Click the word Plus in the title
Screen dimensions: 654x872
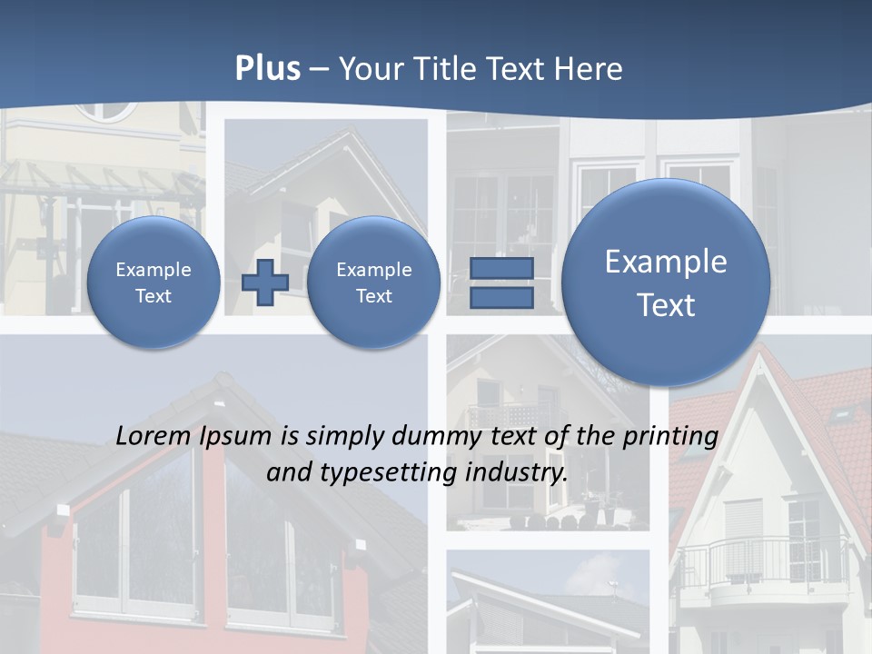267,69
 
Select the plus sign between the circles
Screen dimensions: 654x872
264,282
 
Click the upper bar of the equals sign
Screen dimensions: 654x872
500,268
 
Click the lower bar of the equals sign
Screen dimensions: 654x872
500,298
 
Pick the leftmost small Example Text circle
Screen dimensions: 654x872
154,282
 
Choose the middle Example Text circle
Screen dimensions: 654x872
373,282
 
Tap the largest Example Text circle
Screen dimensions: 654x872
666,282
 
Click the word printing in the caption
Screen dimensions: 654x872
670,437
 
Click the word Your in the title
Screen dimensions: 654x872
371,69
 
